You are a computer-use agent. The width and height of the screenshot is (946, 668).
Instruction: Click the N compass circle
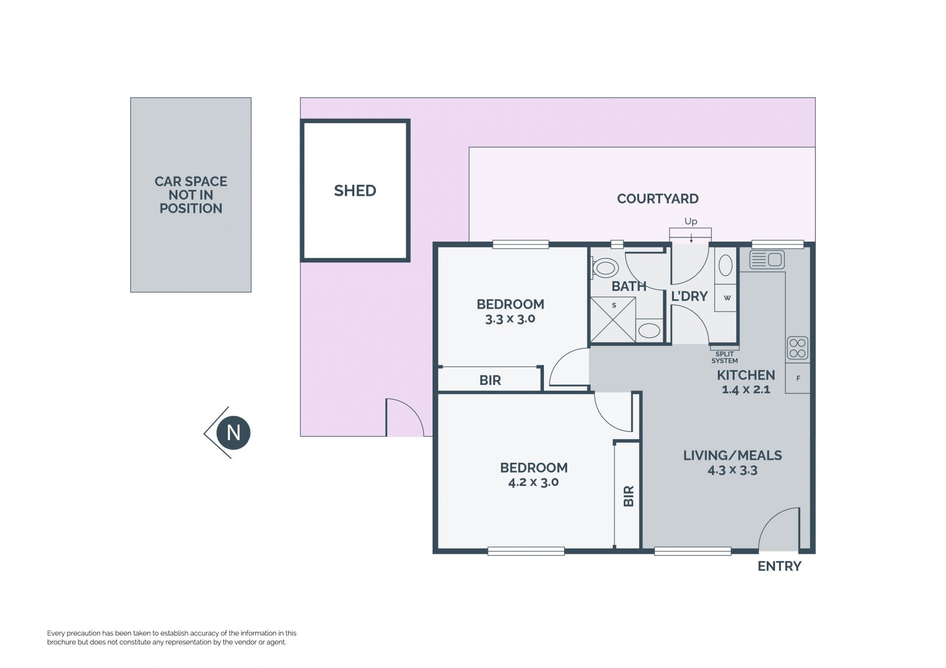coord(234,433)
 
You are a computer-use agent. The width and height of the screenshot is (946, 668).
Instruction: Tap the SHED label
coord(355,191)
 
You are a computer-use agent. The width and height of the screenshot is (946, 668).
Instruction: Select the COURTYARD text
coord(658,198)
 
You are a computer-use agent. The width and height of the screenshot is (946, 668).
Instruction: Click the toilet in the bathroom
coord(605,268)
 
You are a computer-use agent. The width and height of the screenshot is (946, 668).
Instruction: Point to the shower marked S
coord(613,319)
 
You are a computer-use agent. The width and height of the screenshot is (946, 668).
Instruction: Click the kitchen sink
coord(767,259)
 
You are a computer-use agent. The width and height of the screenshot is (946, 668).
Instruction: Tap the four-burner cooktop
coord(797,348)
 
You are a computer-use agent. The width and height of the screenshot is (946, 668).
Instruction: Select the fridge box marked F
coord(798,378)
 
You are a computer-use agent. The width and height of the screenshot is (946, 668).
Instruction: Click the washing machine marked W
coord(726,298)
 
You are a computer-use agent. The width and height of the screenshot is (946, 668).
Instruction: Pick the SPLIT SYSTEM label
coord(724,357)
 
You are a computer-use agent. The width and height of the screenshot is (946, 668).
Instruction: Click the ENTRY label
coord(779,566)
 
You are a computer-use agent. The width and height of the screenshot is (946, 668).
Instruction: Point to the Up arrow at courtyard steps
coord(691,238)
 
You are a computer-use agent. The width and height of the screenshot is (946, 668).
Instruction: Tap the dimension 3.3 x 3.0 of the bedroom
coord(510,318)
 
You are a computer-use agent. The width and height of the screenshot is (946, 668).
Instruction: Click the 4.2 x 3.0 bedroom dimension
coord(533,482)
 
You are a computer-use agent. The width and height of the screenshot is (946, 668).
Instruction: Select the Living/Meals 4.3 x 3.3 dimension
coord(733,470)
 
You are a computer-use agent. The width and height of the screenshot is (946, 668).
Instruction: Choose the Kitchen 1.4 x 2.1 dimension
coord(746,389)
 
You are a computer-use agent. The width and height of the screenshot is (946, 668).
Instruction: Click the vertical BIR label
coord(629,496)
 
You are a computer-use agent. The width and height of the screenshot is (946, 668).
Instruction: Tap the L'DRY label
coord(689,296)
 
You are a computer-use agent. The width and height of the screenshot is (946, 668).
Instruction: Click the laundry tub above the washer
coord(725,266)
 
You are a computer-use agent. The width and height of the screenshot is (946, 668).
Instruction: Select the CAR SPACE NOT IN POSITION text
coord(191,195)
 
